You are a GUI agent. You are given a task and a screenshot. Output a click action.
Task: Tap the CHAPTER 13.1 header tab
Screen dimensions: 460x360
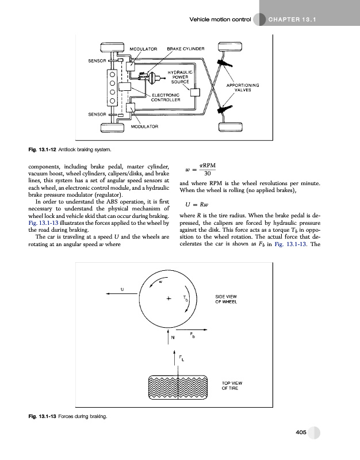coord(293,21)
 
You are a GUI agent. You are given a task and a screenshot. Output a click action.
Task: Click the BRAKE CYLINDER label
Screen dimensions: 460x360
coord(186,49)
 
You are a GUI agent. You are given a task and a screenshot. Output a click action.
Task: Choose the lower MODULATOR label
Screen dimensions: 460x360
coord(145,126)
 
